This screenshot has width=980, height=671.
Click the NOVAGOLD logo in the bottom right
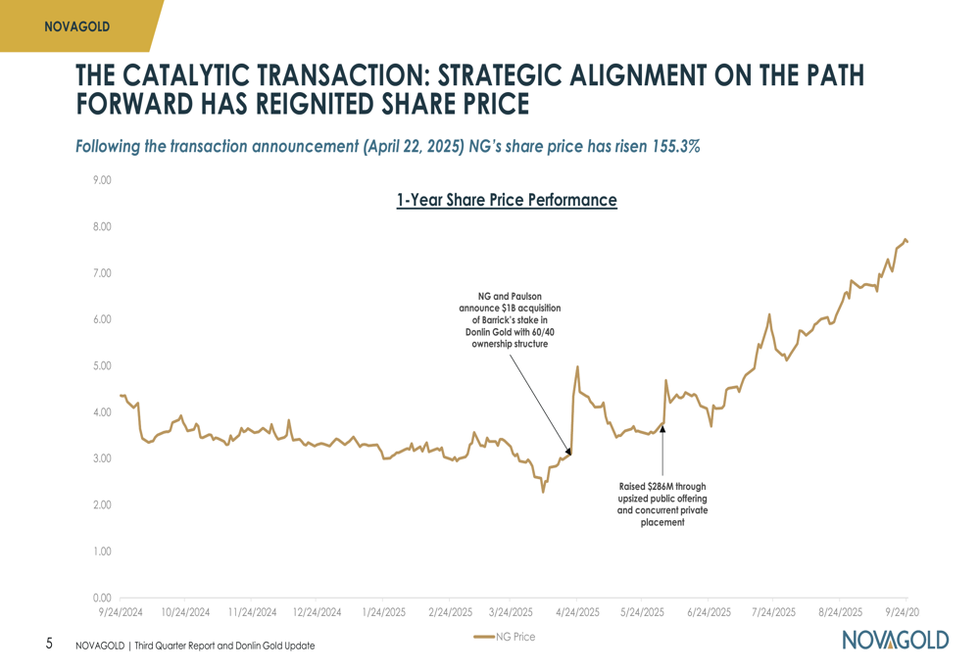(895, 641)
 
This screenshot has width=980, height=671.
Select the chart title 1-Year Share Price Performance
(507, 201)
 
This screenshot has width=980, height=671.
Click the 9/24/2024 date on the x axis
(120, 612)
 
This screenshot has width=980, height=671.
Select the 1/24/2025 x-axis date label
(383, 612)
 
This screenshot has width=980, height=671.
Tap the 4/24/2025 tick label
(576, 612)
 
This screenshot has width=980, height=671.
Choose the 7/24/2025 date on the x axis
(773, 612)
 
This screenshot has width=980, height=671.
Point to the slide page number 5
(49, 644)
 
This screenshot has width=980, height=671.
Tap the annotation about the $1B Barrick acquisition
(510, 319)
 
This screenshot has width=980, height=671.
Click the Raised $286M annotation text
(662, 504)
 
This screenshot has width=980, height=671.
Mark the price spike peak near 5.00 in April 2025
(578, 366)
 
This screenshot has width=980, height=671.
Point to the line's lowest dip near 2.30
(544, 492)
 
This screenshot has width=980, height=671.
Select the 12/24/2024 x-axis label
(317, 612)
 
